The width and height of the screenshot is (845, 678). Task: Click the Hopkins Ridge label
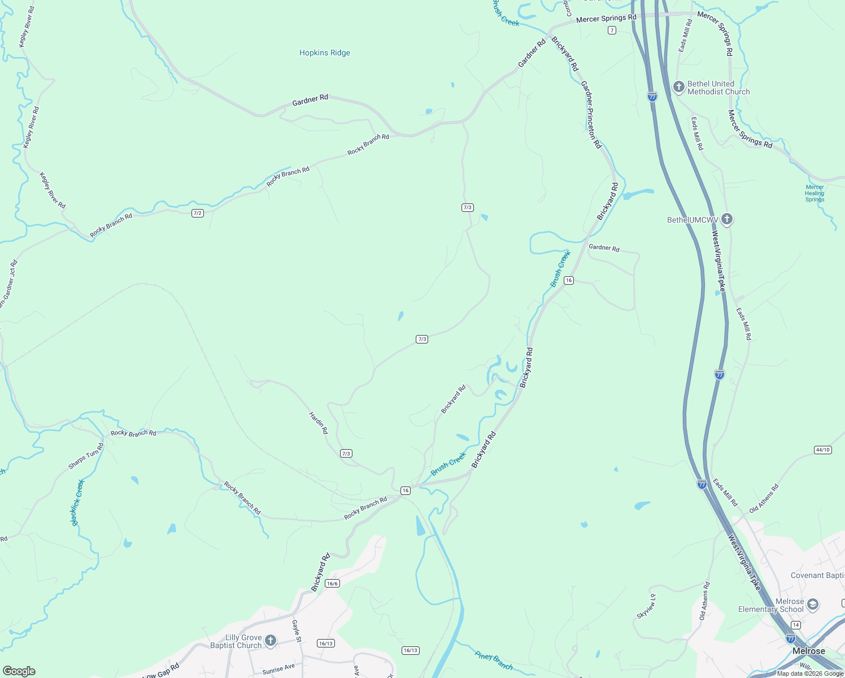[x=325, y=53]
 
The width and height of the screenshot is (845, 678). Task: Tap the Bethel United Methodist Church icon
[x=679, y=87]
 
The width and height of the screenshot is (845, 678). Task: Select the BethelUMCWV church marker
[x=727, y=219]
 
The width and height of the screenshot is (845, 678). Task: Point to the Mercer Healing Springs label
[x=814, y=193]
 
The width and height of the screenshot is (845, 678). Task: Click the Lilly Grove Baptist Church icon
[x=271, y=640]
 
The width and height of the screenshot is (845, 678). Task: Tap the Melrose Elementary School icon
[x=813, y=605]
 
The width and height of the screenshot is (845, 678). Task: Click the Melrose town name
[x=808, y=651]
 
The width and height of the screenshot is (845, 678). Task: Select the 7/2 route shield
[x=197, y=213]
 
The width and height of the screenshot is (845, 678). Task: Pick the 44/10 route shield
[x=823, y=450]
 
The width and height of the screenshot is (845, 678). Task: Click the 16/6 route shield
[x=332, y=584]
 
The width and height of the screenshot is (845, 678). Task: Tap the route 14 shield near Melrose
[x=795, y=625]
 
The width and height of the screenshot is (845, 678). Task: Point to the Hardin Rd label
[x=318, y=423]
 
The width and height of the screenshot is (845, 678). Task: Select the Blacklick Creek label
[x=77, y=502]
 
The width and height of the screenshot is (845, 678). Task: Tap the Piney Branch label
[x=494, y=660]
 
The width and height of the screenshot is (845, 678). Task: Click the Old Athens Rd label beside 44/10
[x=764, y=498]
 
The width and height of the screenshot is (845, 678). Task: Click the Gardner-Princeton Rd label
[x=591, y=115]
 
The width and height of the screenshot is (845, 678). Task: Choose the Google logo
[x=19, y=671]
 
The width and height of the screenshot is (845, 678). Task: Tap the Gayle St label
[x=297, y=631]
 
